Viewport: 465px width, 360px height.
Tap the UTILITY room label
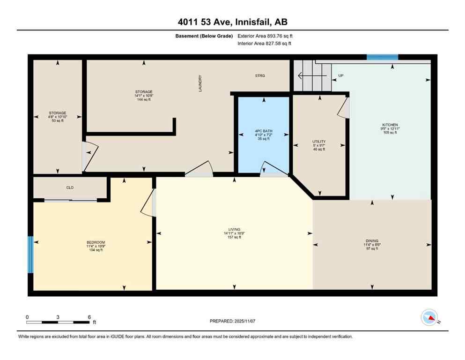319,142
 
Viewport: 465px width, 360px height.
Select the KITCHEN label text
390,125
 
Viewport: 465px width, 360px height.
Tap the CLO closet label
70,187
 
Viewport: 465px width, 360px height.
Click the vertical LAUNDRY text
200,83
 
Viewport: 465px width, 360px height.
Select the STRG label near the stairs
260,75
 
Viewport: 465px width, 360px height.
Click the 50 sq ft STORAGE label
58,113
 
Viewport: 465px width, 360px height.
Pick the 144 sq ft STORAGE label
144,92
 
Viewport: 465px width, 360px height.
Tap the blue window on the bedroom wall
30,255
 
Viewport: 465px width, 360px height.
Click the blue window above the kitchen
382,57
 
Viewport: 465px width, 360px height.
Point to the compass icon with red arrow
429,317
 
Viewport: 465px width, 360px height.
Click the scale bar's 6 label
89,317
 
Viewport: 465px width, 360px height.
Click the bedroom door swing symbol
149,203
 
